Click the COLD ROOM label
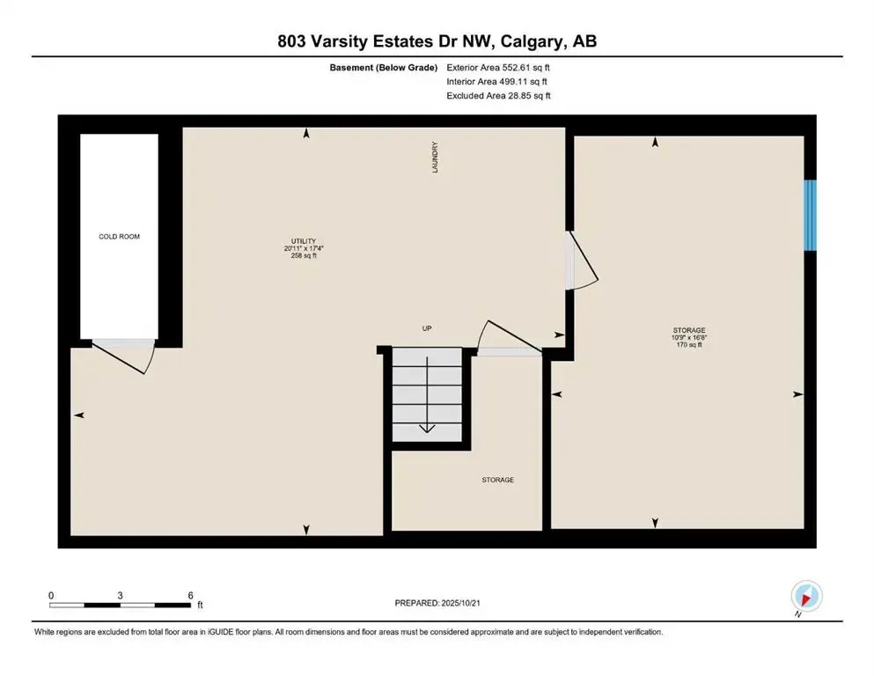point(119,237)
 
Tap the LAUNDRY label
point(435,158)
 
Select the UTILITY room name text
point(304,241)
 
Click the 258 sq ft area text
point(304,255)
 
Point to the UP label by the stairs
point(426,328)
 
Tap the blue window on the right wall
point(811,216)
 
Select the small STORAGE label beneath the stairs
point(497,480)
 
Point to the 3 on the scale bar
point(120,595)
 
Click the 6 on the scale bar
point(190,595)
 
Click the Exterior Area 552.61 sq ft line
point(498,67)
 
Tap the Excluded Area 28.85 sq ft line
point(498,96)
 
